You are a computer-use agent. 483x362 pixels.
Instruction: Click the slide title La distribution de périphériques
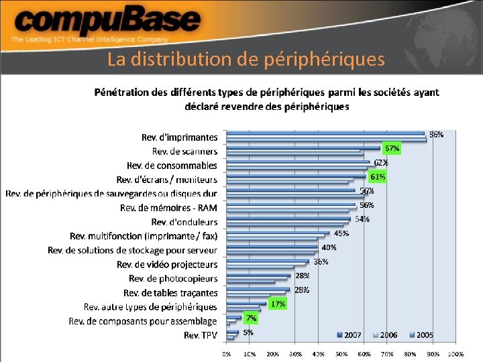pos(246,60)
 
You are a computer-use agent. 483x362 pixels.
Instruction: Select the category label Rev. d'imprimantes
pos(179,137)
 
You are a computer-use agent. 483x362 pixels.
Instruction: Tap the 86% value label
pos(436,135)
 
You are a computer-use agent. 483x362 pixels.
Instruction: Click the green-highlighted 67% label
pos(392,148)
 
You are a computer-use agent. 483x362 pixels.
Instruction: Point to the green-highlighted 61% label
pos(378,177)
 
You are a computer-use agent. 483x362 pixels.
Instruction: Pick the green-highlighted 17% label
pos(278,304)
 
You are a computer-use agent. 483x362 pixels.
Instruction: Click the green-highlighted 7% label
pos(251,318)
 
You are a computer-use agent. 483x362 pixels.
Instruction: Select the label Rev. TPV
pos(201,335)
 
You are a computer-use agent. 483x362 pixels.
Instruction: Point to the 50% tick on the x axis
pos(341,353)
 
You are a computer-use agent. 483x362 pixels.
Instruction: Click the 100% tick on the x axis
pos(455,353)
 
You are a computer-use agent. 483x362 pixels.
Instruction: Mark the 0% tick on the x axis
pos(227,353)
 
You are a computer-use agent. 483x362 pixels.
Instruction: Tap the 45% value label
pos(341,233)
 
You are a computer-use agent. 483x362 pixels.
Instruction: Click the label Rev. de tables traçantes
pos(170,293)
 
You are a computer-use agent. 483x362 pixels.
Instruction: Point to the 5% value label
pos(248,332)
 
